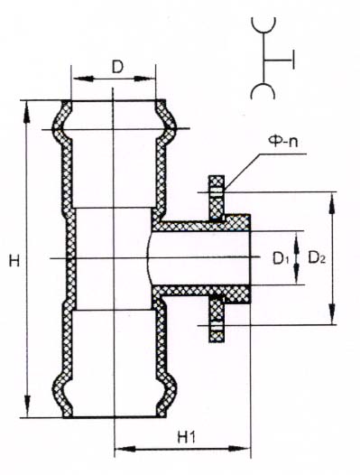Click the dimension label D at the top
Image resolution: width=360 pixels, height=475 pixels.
(x=117, y=68)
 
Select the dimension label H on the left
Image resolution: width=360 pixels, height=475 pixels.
(x=14, y=260)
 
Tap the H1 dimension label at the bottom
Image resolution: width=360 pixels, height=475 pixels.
(x=187, y=437)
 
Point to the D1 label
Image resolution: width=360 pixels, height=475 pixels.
(x=280, y=258)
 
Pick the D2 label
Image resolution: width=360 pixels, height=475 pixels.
(x=317, y=258)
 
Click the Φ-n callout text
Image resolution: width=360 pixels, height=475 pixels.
(x=283, y=141)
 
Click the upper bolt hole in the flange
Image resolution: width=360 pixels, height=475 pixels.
(x=217, y=191)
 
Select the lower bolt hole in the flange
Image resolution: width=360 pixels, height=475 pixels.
(x=217, y=327)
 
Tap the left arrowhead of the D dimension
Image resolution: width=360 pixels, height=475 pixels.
(x=83, y=79)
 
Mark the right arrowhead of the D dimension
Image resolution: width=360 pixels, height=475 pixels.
(x=144, y=79)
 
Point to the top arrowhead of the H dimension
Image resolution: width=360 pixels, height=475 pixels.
(x=27, y=112)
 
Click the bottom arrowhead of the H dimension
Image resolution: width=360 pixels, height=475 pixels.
(x=28, y=405)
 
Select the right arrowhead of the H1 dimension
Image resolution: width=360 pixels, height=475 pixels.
(x=238, y=448)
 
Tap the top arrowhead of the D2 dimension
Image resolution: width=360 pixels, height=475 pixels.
(x=332, y=204)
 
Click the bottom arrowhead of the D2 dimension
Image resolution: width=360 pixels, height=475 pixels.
(x=332, y=313)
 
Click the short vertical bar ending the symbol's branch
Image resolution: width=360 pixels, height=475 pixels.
(x=293, y=60)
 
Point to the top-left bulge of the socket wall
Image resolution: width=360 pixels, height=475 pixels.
(x=58, y=121)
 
